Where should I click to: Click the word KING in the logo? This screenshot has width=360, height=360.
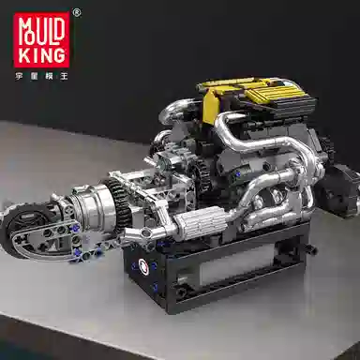point(41,55)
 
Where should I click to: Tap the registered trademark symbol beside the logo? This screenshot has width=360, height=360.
point(77,13)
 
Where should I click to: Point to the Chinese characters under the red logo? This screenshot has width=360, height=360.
point(41,76)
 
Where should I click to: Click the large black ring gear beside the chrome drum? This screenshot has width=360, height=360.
point(118,203)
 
